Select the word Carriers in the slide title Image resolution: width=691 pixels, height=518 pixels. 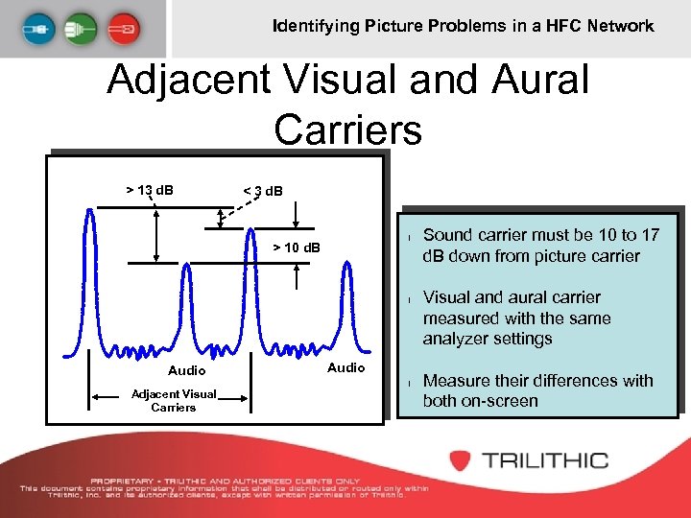[347, 129]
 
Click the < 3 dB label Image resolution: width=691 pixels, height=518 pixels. [263, 191]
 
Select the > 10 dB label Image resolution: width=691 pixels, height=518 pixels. [297, 248]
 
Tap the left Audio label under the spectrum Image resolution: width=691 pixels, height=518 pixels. [186, 370]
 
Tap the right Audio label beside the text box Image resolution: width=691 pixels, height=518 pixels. [345, 367]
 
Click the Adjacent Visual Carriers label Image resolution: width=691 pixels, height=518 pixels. [173, 401]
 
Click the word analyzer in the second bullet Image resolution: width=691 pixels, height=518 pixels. [456, 339]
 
